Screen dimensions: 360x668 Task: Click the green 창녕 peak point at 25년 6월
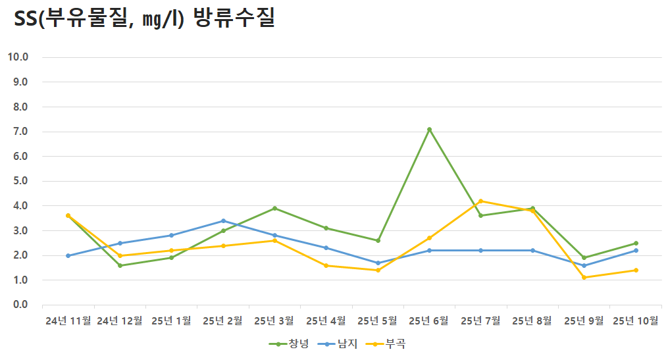click(429, 130)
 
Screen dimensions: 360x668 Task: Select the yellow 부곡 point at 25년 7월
click(481, 201)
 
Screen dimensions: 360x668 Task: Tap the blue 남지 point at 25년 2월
click(223, 220)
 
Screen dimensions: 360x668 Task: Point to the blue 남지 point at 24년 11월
click(68, 255)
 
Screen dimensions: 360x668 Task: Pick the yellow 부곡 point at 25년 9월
click(584, 277)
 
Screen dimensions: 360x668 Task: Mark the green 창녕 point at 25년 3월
click(274, 208)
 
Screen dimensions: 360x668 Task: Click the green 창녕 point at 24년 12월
click(120, 265)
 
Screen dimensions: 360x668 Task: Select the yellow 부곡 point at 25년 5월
click(378, 270)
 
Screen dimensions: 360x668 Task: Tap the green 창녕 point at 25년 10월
click(636, 243)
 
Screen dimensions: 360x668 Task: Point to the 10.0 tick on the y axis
click(18, 57)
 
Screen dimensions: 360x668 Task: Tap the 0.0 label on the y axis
click(20, 305)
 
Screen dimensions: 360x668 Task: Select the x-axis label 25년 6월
click(429, 321)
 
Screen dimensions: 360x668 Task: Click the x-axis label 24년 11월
click(68, 321)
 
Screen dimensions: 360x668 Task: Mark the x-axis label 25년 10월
click(636, 321)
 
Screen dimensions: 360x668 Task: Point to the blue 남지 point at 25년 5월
click(378, 263)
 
